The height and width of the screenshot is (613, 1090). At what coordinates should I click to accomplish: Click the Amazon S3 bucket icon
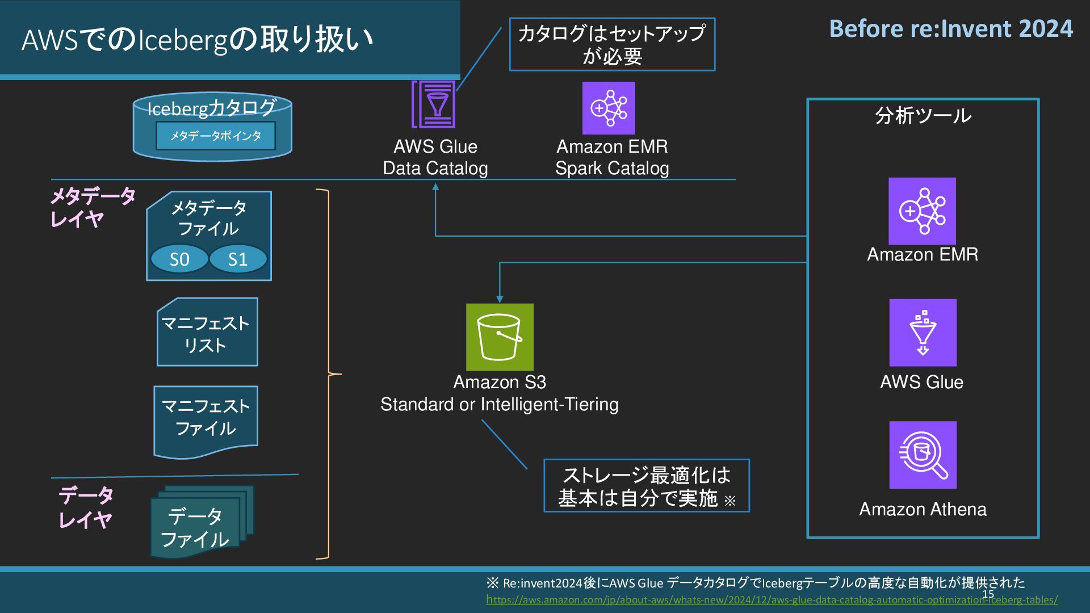500,337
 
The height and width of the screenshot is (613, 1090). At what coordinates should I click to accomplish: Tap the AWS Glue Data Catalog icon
434,104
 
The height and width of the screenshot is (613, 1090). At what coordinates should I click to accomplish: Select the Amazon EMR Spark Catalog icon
609,108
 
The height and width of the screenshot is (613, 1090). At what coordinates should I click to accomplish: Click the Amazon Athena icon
923,455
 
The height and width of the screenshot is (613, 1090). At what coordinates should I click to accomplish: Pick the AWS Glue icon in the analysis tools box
923,333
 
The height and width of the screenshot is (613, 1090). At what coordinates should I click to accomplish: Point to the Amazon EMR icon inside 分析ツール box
922,211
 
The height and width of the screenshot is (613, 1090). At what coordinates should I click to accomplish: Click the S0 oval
179,259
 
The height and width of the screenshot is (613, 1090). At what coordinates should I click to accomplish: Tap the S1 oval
238,259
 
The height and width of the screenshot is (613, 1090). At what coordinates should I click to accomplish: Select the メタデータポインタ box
216,136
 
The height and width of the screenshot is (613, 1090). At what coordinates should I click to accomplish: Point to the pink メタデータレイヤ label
92,207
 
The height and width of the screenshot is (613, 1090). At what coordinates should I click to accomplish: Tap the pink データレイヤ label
85,507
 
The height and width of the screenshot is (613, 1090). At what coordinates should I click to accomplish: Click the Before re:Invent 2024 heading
951,29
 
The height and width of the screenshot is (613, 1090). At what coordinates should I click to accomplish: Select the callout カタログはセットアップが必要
612,44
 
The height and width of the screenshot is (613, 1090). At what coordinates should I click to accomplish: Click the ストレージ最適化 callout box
646,486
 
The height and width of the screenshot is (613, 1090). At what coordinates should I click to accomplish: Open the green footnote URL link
771,600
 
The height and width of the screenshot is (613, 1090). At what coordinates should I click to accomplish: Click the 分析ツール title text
923,116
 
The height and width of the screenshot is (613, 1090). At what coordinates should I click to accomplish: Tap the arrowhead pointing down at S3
500,299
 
